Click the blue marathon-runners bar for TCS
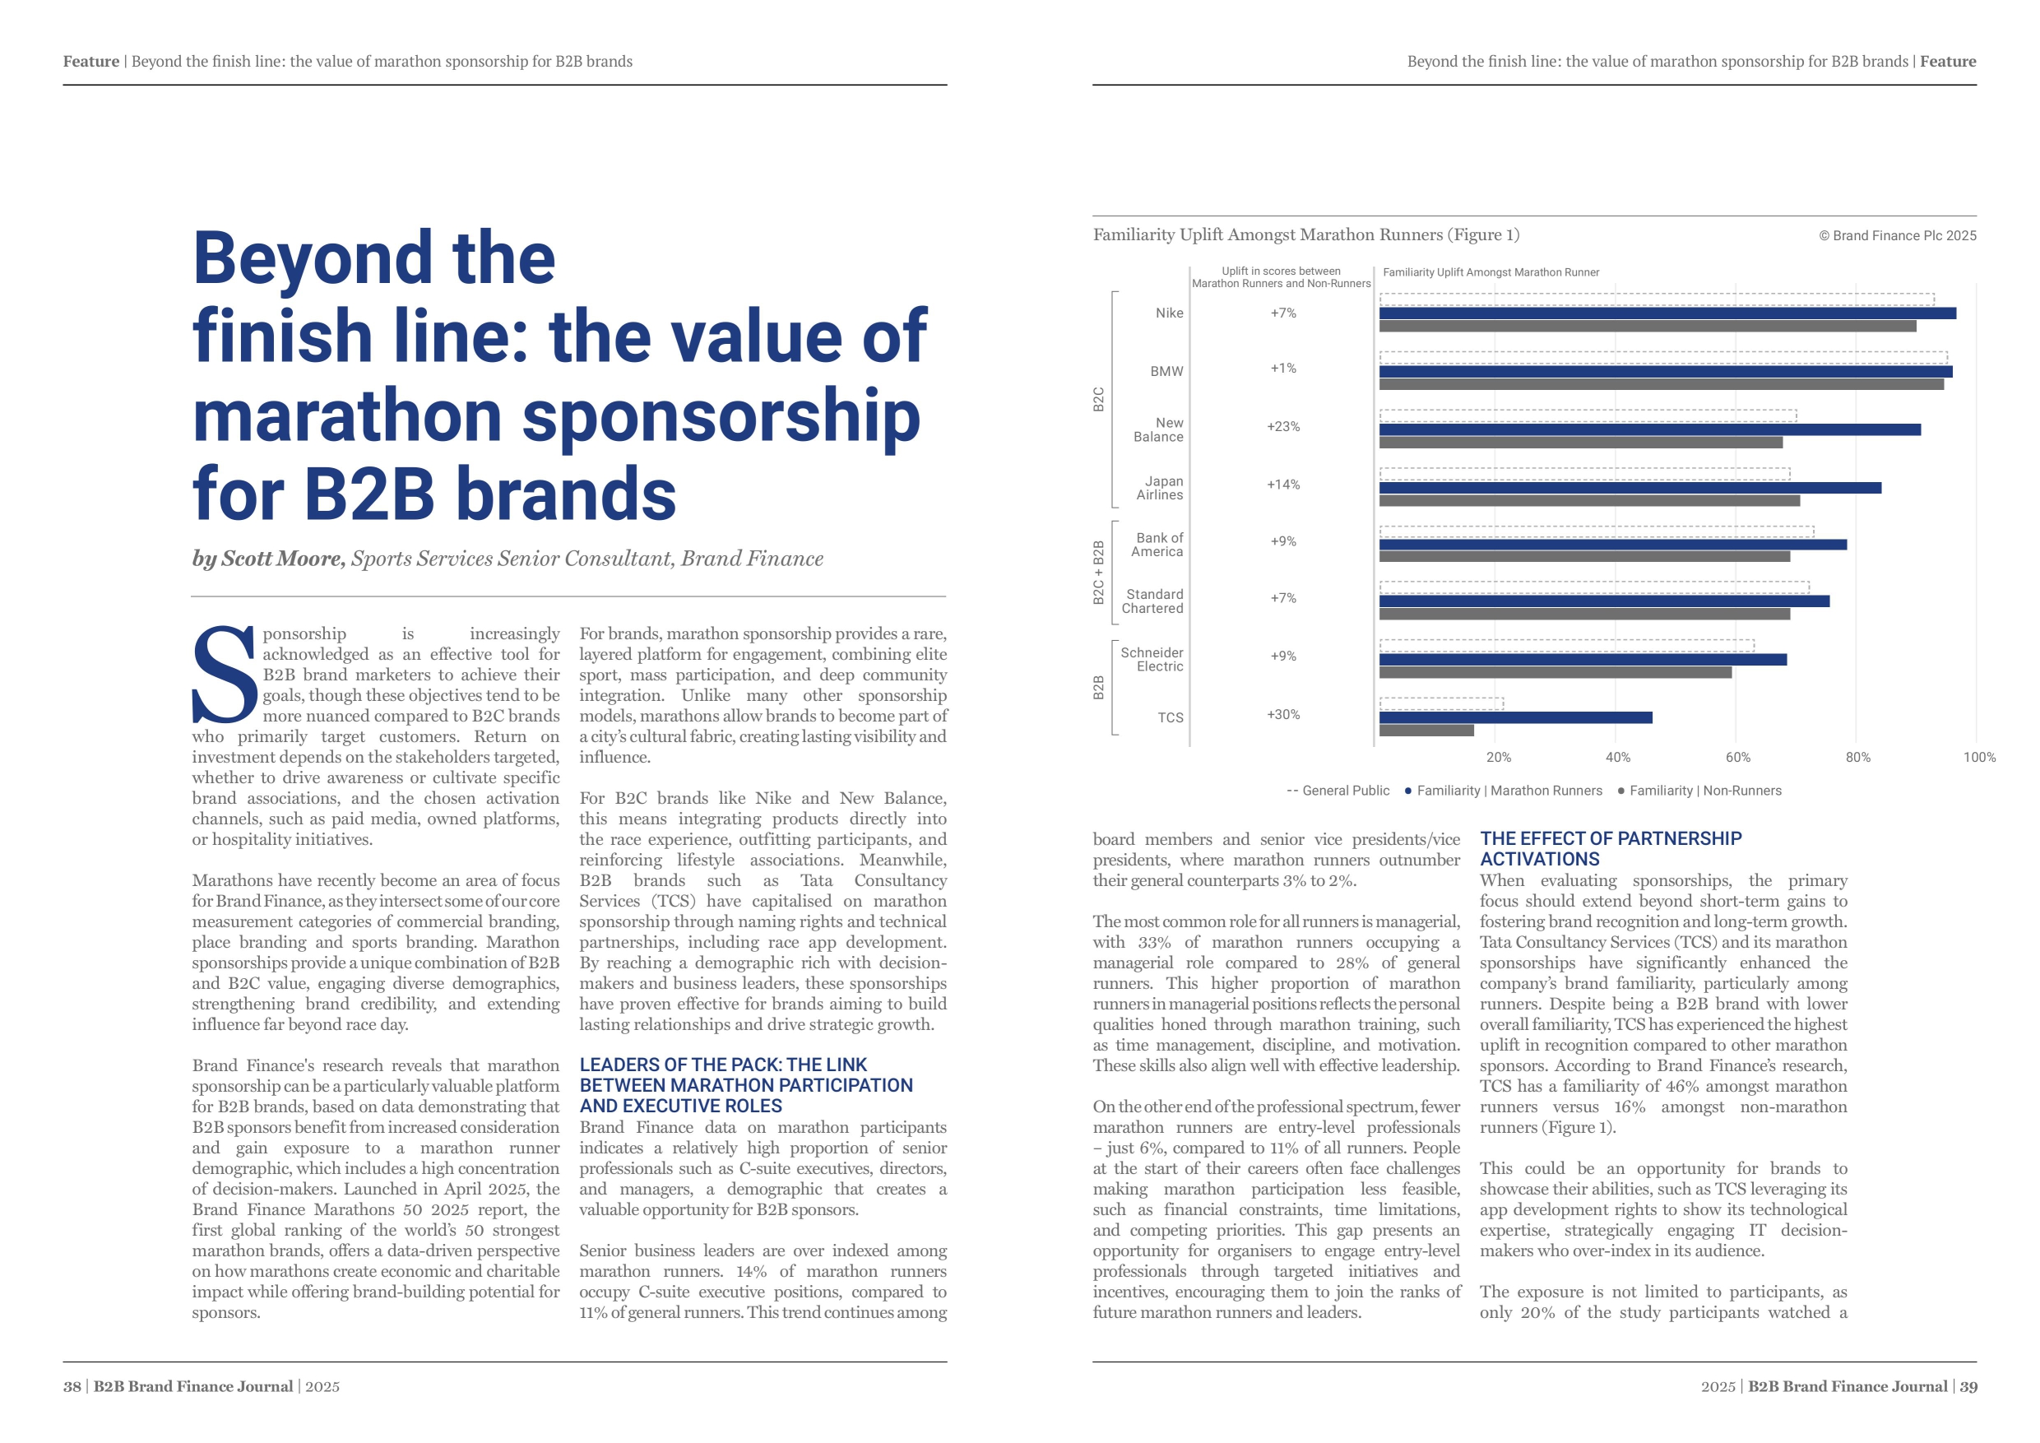1515,717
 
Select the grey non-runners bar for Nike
1646,327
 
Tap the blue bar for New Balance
1649,429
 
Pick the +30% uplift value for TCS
1282,714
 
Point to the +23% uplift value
1282,426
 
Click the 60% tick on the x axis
1737,757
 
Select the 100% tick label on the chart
1978,757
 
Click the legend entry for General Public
1338,791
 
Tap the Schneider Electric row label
1152,659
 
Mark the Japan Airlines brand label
1160,488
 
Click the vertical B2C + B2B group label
1098,573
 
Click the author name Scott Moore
280,558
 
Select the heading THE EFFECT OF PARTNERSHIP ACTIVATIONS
1610,848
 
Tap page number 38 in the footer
72,1386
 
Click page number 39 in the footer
1968,1386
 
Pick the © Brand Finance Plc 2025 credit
1897,235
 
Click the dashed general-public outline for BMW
1662,357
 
